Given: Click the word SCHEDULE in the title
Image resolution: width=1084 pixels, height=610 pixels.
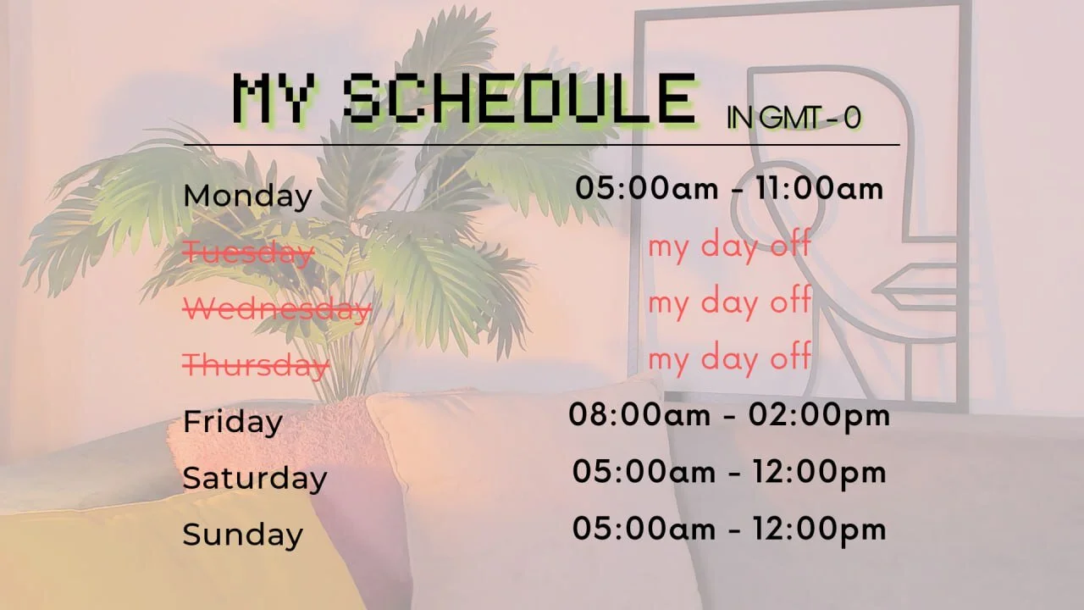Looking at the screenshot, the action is point(519,99).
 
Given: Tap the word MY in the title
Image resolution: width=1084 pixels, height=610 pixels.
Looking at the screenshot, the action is point(274,99).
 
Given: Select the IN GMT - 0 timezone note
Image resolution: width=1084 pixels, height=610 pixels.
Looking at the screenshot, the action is point(794,118).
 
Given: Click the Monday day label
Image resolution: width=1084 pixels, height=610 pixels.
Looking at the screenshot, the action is point(248,197).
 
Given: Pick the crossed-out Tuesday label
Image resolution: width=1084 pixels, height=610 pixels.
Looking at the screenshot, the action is point(249,252).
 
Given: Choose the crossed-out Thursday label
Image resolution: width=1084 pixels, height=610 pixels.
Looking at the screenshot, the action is point(256,365).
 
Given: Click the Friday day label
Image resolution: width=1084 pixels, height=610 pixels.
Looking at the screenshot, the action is point(233,422).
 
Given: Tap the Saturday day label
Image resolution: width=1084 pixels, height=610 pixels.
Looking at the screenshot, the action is point(255,479).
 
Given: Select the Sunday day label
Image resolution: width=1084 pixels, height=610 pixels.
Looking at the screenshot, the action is point(243,535).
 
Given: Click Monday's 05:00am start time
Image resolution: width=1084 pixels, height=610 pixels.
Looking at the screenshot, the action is point(647,188).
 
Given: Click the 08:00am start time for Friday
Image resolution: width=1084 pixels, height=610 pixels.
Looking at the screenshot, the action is point(639,415).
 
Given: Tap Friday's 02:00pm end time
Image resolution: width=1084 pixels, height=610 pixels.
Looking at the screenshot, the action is point(820,416).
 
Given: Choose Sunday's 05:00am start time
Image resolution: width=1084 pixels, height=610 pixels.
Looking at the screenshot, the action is point(644,528).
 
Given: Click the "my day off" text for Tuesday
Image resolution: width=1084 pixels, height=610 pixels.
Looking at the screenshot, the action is point(729,247).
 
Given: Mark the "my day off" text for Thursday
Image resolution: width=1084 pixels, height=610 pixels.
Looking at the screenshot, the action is point(729,359).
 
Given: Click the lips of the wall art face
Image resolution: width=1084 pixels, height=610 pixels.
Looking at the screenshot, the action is point(915,288).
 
